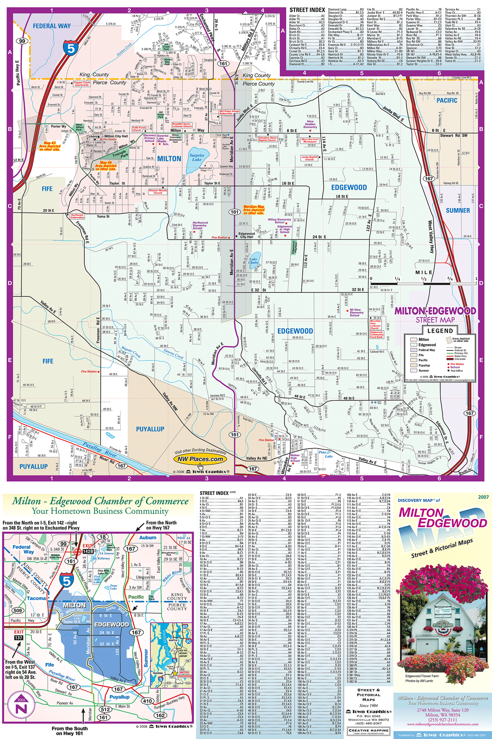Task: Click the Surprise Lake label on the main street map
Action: pos(197,157)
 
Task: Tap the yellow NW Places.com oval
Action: pos(200,459)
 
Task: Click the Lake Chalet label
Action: pos(253,261)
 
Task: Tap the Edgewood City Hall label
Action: pos(246,235)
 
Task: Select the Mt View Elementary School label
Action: pos(356,313)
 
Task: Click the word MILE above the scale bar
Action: pos(424,272)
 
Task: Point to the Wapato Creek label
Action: pos(131,353)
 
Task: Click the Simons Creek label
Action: pos(173,354)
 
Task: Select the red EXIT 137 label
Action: pos(18,635)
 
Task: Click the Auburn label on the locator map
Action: pos(148,537)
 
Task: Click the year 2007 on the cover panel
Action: pos(483,497)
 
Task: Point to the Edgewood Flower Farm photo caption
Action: pos(422,676)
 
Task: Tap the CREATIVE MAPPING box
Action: pos(368,730)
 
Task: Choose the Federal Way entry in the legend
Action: pos(426,350)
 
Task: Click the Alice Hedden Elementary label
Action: pos(310,124)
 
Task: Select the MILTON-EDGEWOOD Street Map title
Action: pos(435,315)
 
